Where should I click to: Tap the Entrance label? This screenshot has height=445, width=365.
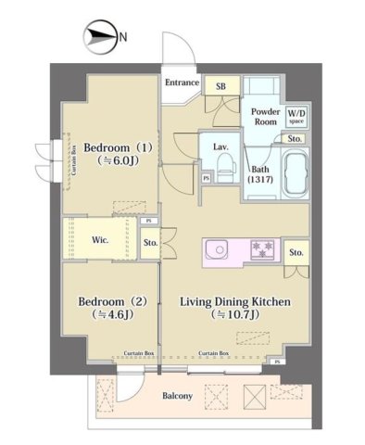(182, 83)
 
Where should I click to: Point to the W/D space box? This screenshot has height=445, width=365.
(296, 115)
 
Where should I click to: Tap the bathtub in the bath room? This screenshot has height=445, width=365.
(295, 175)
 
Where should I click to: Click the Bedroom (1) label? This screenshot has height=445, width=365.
(116, 147)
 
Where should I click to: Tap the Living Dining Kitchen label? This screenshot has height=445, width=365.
(235, 303)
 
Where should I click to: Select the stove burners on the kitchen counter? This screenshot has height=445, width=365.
(263, 249)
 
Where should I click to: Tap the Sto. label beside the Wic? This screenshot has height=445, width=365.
(150, 245)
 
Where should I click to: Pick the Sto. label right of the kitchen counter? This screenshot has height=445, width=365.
(296, 252)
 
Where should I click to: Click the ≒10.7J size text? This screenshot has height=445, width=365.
(235, 317)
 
